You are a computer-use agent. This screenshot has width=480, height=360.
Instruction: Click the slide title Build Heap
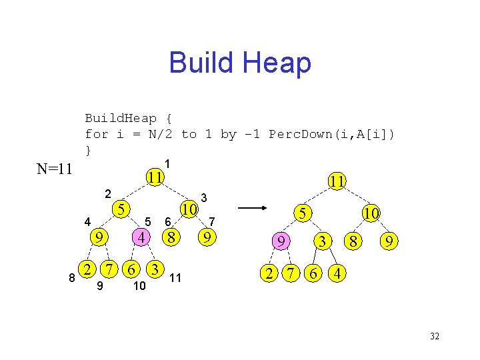coord(240,63)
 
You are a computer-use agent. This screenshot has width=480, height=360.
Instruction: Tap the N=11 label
coord(55,169)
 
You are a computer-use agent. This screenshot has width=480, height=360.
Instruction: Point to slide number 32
coord(435,336)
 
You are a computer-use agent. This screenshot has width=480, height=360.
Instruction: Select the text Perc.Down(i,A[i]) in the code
coord(331,134)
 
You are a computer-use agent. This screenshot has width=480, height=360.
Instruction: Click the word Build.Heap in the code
coord(121,118)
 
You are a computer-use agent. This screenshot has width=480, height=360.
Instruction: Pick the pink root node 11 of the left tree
coord(155,177)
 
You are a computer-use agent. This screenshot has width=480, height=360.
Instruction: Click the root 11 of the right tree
coord(337,181)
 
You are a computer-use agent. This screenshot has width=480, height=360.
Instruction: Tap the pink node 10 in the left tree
coord(190,209)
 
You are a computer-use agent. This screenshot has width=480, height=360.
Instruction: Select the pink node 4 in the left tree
coord(141,237)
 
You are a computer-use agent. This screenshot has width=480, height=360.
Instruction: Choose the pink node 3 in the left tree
coord(155,269)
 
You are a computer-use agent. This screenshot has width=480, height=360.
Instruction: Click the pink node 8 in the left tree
coord(172,237)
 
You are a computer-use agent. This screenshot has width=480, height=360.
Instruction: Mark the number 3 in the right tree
coord(323,241)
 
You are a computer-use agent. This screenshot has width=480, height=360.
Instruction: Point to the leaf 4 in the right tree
coord(338,273)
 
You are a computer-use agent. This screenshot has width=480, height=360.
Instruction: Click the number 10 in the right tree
coord(371,213)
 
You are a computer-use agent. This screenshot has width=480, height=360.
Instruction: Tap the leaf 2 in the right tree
coord(269,273)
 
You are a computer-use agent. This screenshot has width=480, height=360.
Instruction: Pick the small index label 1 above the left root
coord(168,163)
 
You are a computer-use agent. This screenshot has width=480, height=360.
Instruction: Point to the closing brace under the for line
coord(88,150)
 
